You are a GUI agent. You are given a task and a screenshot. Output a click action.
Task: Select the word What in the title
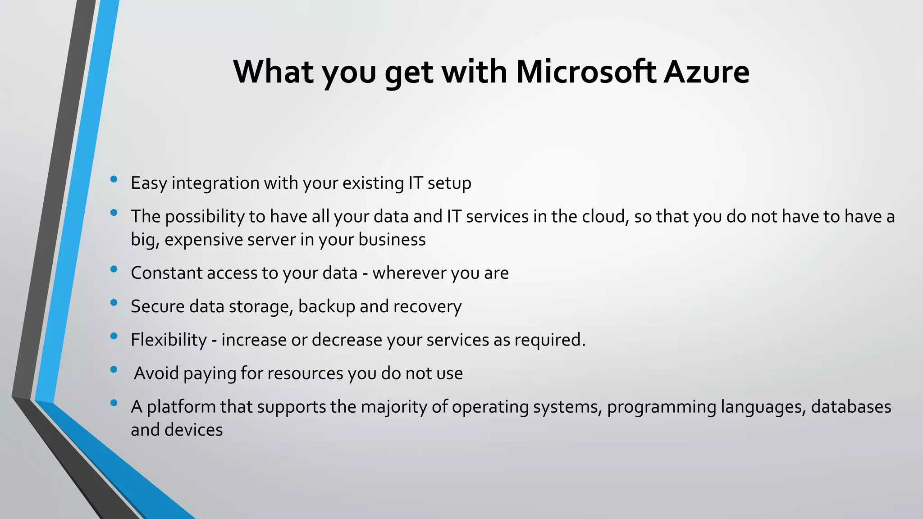273,72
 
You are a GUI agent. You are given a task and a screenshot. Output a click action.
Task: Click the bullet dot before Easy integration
114,179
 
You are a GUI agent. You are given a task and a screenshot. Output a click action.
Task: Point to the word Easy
149,183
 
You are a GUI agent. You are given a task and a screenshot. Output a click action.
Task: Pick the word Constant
166,273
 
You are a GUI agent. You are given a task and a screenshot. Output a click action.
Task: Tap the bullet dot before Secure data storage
114,303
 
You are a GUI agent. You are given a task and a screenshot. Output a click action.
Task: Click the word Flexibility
169,340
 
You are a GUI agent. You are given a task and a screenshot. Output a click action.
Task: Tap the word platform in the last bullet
181,407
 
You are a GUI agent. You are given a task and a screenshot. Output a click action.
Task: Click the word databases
851,407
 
